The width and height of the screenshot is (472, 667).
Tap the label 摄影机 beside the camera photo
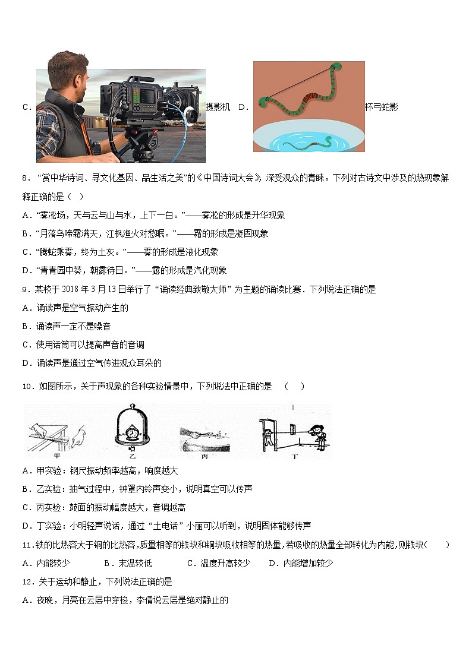[x=218, y=108]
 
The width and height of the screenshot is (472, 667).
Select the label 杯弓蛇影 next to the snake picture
[x=381, y=108]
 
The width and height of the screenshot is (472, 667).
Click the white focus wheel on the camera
[x=189, y=115]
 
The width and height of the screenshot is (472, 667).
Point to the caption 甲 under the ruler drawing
[x=58, y=456]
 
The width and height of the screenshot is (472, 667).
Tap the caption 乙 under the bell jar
[x=130, y=456]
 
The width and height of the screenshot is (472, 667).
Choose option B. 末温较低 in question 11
[x=128, y=563]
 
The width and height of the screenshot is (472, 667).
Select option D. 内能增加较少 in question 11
[x=300, y=563]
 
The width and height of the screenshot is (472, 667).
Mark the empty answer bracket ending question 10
[x=294, y=387]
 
